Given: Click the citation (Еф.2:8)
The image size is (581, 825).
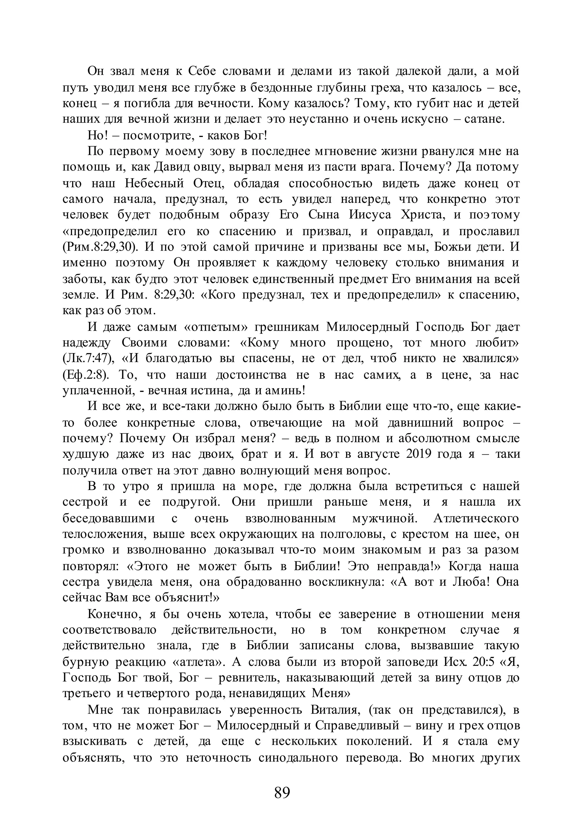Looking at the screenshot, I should point(85,375).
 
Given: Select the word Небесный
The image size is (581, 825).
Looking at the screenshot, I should point(154,183).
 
